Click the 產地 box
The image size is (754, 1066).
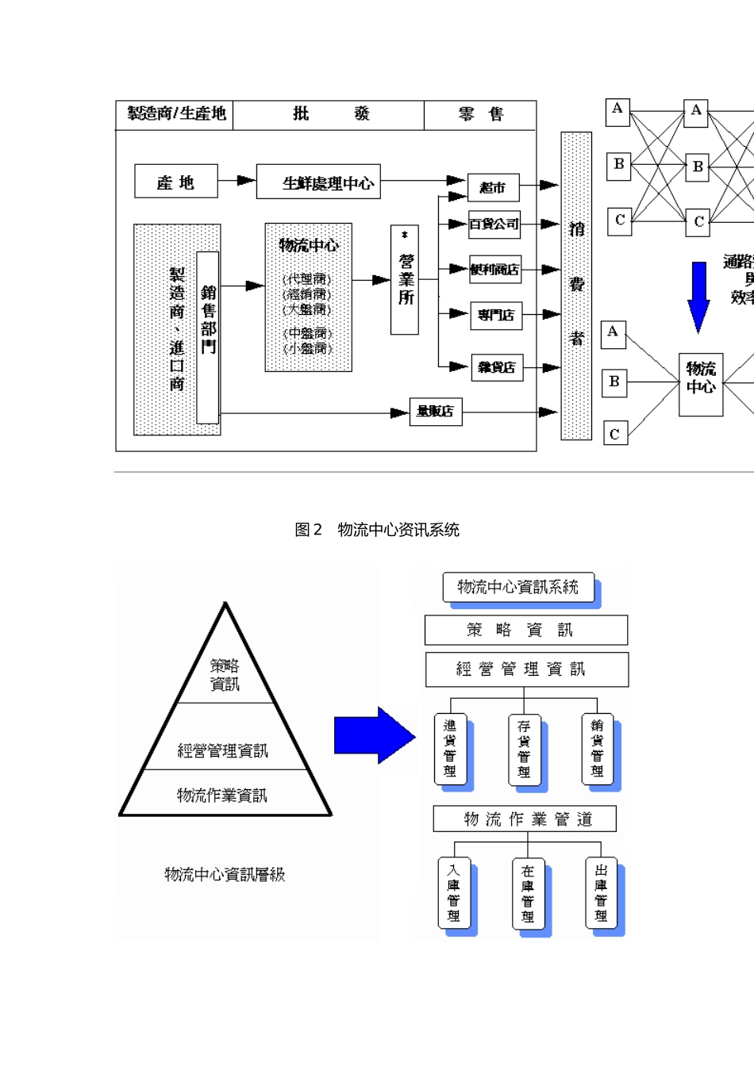tap(175, 182)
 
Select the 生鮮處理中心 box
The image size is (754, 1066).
tap(318, 182)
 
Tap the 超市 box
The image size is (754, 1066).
tap(493, 187)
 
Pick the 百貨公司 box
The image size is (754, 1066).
tap(494, 224)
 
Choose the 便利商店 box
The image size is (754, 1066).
tap(495, 270)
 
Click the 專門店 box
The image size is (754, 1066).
tap(496, 315)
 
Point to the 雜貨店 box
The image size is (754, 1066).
tap(497, 367)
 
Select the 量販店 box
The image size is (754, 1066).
tap(435, 412)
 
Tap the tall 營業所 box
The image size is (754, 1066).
tap(405, 279)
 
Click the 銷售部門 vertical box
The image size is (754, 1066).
tap(207, 337)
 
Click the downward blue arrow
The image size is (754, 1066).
tap(698, 296)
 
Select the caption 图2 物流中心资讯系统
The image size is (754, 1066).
tap(377, 530)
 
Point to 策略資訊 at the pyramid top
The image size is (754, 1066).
tap(225, 674)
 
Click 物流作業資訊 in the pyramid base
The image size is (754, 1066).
tap(222, 795)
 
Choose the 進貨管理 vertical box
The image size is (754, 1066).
tap(450, 749)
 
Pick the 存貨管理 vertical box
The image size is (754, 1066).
tap(524, 750)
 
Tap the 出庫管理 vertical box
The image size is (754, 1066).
tap(601, 892)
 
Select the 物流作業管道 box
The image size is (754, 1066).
tap(525, 819)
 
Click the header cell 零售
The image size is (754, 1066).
tap(480, 114)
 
